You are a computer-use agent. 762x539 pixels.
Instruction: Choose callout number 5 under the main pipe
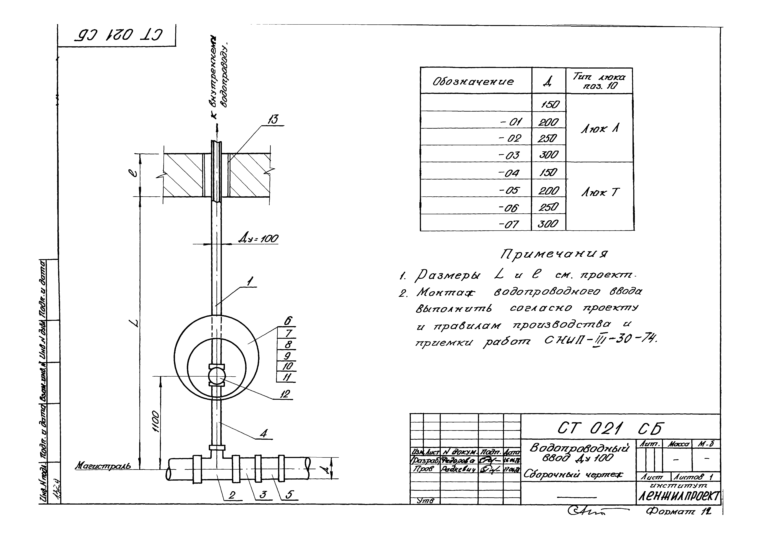[x=289, y=495]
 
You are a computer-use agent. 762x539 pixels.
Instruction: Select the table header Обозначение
[x=473, y=81]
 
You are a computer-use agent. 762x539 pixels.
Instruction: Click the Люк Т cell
[x=600, y=193]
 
